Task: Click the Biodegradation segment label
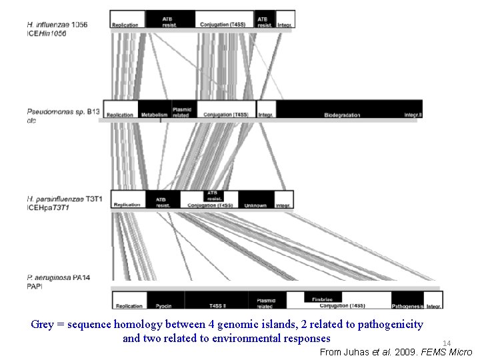[343, 115]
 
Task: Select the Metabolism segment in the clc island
[155, 115]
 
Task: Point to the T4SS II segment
[217, 306]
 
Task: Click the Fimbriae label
[322, 299]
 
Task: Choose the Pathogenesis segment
[407, 306]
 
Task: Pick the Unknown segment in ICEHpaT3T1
[255, 205]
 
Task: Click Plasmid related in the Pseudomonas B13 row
[181, 112]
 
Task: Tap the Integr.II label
[413, 115]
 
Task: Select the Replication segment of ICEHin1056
[125, 25]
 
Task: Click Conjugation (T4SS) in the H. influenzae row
[225, 25]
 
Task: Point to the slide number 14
[447, 343]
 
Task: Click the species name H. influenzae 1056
[57, 25]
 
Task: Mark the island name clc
[31, 121]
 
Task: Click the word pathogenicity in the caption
[390, 325]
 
